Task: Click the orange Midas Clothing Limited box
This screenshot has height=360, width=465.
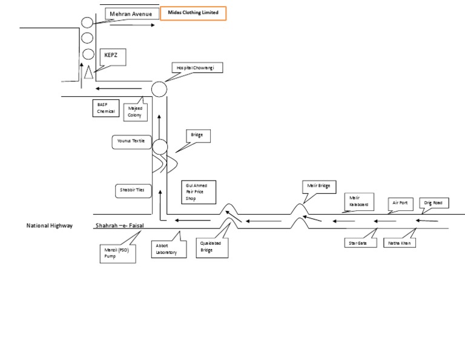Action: [193, 14]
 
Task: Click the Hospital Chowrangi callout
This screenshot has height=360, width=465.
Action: [196, 68]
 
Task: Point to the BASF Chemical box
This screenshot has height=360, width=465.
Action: [105, 108]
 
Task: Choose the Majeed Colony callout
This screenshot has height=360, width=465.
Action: [135, 112]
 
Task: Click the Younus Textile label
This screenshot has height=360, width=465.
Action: [131, 142]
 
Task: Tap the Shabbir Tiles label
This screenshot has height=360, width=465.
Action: [131, 190]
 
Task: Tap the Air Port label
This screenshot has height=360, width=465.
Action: [400, 203]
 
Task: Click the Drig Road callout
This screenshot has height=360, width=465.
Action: [434, 203]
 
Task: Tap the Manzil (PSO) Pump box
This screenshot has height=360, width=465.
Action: [117, 253]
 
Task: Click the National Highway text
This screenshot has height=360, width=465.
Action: [50, 225]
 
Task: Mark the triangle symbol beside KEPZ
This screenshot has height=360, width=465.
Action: [88, 72]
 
